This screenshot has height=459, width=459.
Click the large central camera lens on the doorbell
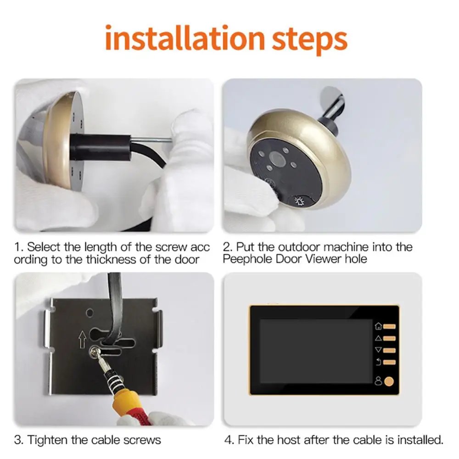278,159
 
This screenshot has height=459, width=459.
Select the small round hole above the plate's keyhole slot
90,312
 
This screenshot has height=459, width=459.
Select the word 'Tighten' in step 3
48,440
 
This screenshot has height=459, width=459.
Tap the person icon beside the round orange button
377,381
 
